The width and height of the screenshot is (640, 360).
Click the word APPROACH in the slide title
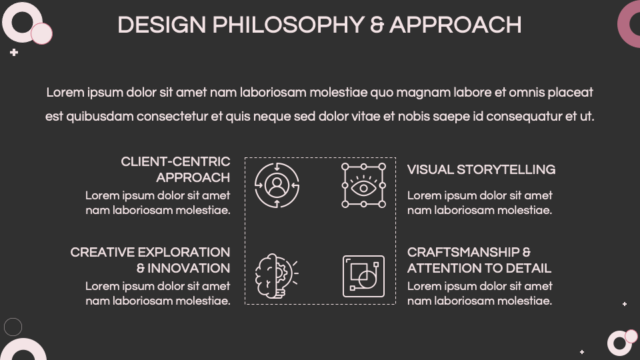455,25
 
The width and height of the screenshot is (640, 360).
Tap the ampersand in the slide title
377,25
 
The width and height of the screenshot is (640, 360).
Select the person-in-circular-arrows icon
277,185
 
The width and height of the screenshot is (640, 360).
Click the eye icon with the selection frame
363,185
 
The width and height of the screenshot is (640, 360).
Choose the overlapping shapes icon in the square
363,275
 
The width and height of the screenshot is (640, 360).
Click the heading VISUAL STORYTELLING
481,170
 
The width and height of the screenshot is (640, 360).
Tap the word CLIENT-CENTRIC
175,162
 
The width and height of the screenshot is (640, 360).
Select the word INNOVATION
189,269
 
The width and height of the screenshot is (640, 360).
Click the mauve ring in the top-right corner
631,24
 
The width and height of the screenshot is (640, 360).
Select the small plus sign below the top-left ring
14,52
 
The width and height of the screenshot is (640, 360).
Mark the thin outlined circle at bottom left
13,327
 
